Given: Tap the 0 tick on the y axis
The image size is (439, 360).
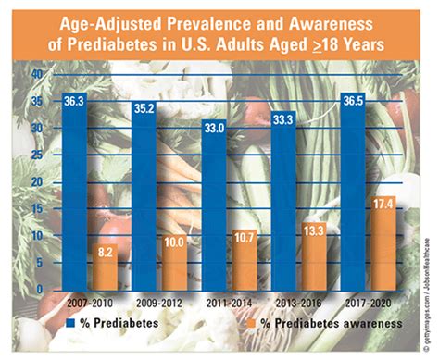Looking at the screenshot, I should coord(38,290).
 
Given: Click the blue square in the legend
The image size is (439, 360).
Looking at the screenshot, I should coord(71,323).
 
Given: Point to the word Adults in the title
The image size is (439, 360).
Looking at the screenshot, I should coord(238,43).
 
